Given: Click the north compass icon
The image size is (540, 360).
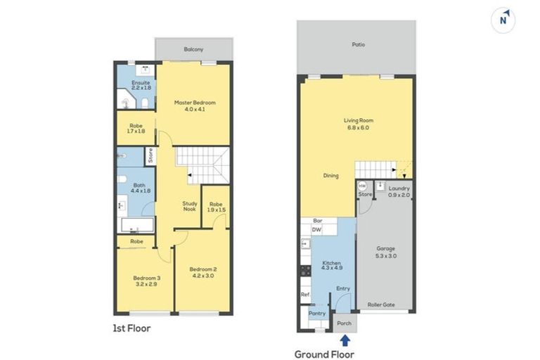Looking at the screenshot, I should [503, 20].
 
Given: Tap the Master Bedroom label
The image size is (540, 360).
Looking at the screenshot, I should [195, 106].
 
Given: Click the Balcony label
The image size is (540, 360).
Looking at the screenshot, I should [193, 49].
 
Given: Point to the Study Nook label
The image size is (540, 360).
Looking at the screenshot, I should [190, 205].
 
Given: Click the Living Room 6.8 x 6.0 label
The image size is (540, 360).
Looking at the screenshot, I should [356, 124].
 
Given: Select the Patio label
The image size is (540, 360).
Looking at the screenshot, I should [359, 44].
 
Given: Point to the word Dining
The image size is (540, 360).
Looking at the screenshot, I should [331, 176].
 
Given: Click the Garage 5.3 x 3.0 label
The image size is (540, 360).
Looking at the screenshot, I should [386, 252].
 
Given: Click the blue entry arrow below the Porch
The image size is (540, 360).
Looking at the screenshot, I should [344, 340].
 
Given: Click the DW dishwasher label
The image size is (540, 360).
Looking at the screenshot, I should [316, 229].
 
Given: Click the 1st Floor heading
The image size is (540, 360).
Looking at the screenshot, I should [131, 328].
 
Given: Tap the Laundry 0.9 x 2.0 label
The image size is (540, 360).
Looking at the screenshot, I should [399, 191].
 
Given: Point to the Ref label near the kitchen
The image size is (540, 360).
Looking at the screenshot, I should [304, 295].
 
